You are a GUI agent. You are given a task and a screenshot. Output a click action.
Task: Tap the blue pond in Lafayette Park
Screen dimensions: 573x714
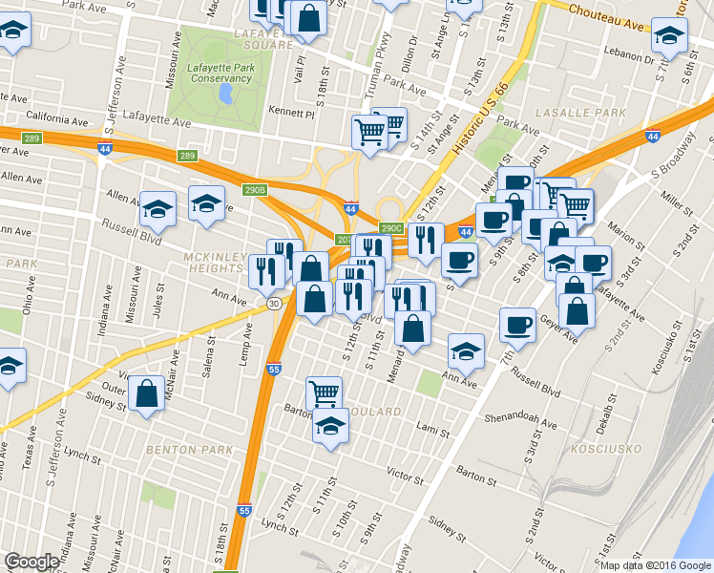coord(225,95)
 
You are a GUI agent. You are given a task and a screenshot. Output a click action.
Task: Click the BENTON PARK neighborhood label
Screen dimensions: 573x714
coord(183,448)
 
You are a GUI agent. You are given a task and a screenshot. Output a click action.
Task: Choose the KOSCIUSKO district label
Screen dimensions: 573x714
coord(598,448)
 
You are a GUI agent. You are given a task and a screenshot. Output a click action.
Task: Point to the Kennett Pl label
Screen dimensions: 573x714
coord(291,113)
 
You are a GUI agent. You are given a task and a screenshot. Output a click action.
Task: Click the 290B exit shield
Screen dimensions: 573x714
coord(253,189)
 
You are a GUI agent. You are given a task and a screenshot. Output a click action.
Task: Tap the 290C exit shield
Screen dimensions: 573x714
coord(391,228)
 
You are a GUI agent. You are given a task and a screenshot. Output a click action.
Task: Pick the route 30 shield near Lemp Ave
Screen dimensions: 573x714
coord(274,303)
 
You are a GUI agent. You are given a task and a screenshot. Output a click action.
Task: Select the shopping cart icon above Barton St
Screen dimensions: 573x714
coord(324,392)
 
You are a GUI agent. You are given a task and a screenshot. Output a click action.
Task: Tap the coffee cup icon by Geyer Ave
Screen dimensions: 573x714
coord(518,324)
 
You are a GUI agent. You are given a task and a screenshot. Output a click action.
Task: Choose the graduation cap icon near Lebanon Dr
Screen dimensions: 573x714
coord(669,35)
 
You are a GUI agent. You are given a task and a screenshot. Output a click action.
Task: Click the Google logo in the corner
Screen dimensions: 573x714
coord(31,562)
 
